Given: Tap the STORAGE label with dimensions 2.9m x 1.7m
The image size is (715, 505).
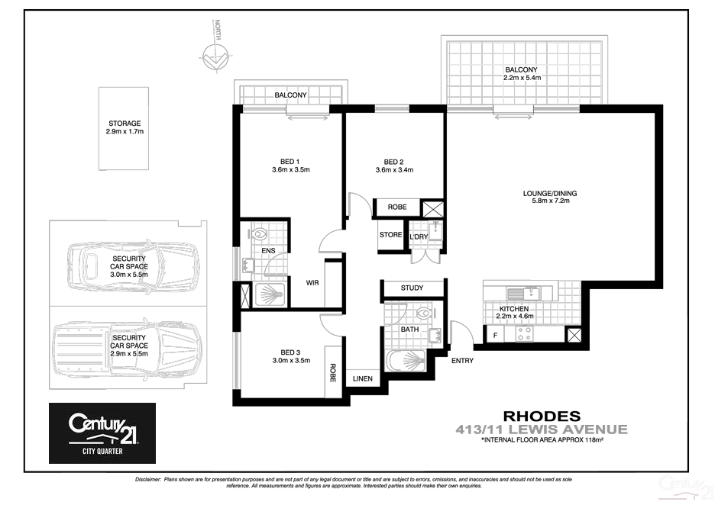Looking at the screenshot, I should pos(125,127).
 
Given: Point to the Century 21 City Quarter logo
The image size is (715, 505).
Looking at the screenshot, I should pos(102,433).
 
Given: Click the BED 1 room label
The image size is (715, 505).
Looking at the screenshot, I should pos(289,166).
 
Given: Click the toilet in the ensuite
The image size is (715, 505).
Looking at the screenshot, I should pos(258,236).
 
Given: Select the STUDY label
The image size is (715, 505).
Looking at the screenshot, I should pos(412,288).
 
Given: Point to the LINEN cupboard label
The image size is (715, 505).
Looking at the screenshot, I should pos(363,379).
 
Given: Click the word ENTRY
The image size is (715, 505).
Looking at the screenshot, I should pos(463,361).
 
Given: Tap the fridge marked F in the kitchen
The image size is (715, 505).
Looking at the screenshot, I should pos(495,336).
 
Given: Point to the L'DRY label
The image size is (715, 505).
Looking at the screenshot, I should pos(419,236).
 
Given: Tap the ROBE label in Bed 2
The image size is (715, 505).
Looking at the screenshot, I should pos(397,207).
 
